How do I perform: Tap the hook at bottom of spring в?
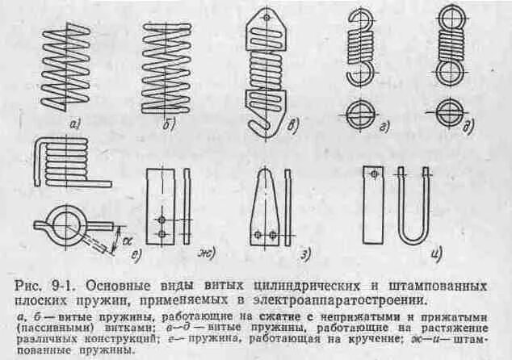[x=257, y=121]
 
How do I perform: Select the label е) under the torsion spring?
[x=137, y=257]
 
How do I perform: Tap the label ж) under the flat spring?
[x=205, y=257]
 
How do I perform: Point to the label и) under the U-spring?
[x=436, y=257]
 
